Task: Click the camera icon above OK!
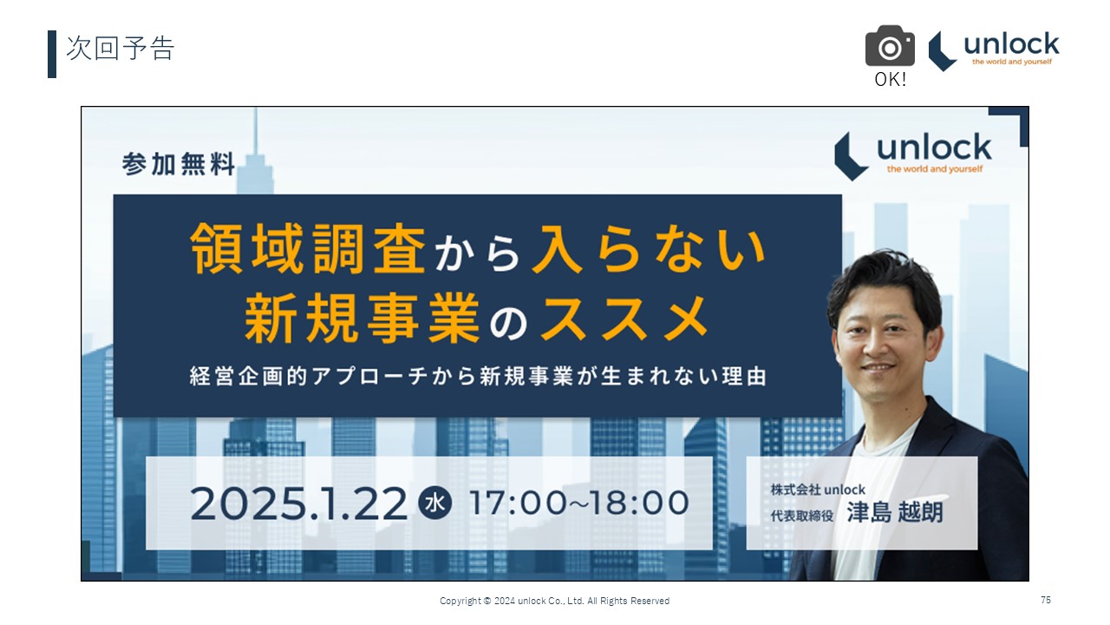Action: [890, 46]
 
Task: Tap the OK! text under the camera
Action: [891, 79]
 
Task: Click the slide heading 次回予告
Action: [120, 48]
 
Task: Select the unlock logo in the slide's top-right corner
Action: [994, 50]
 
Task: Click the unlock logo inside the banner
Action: [913, 155]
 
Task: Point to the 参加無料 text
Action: [179, 164]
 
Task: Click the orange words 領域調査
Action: [308, 248]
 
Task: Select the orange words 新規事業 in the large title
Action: [362, 318]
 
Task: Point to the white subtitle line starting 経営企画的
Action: [478, 376]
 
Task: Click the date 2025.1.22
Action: [299, 503]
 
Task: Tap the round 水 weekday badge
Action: [435, 503]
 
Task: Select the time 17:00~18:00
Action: [578, 503]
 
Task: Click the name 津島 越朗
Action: [895, 512]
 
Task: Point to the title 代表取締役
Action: [802, 516]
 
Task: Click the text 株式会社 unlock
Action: [818, 490]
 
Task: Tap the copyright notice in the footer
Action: [554, 602]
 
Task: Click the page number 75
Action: [1046, 600]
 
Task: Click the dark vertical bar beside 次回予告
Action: [52, 54]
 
